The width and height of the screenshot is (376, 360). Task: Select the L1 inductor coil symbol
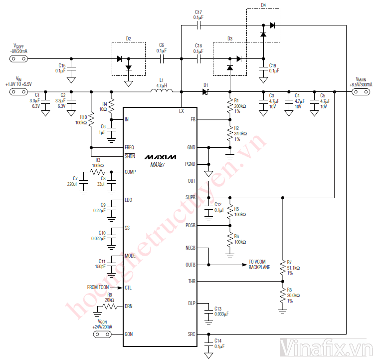coord(162,91)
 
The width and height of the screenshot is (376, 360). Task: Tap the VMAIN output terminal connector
coord(361,91)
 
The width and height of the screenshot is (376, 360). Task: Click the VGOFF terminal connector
coord(18,58)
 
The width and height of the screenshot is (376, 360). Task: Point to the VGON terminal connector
coord(102,335)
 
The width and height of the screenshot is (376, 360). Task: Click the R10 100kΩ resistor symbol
coord(91,120)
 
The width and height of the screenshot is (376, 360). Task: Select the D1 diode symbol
coord(205,91)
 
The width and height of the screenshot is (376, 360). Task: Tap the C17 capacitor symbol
coord(199,24)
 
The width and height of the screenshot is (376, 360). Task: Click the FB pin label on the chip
coord(193,120)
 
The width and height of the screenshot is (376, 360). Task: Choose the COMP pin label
coord(130,172)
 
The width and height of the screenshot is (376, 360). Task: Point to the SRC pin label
coord(192,335)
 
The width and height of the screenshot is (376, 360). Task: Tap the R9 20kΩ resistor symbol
coord(110,306)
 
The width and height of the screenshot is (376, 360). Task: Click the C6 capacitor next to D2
coord(161,58)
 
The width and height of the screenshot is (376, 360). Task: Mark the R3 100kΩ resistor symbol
coord(98,172)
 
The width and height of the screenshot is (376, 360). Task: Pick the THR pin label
coord(192,282)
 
